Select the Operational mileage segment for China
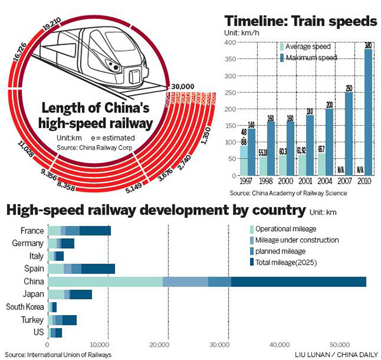tap(105, 281)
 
